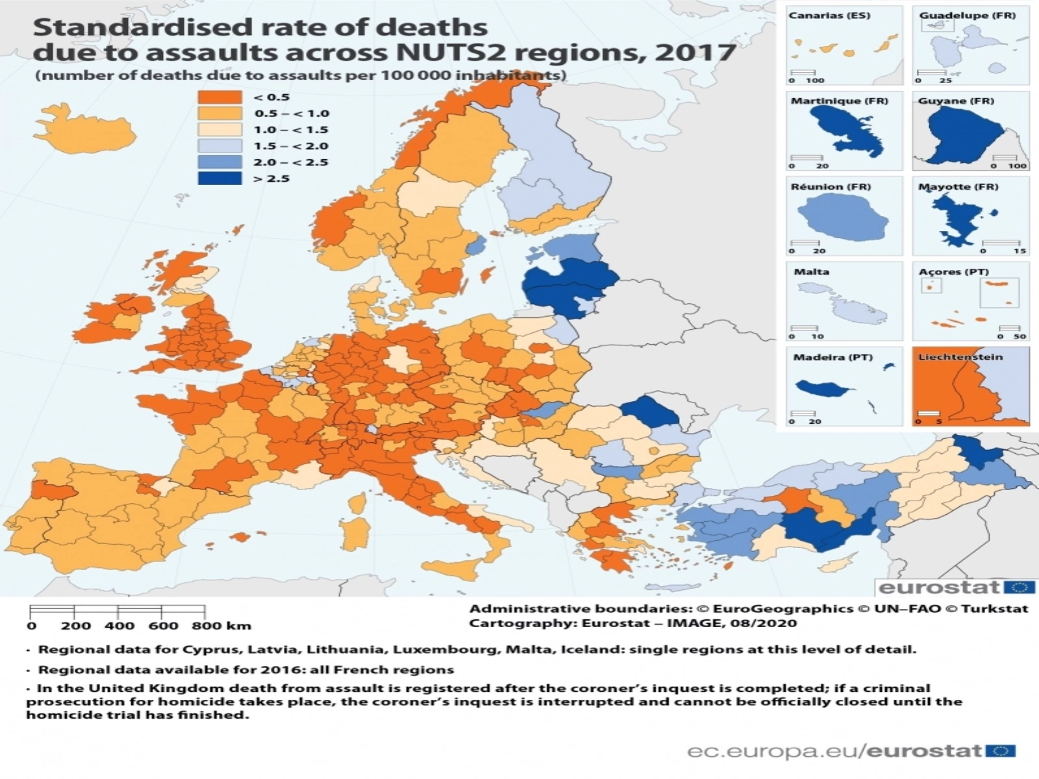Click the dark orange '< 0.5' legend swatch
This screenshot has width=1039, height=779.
click(x=219, y=97)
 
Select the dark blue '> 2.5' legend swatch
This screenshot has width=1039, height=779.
click(x=219, y=178)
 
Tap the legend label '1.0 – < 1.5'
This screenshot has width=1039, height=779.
click(x=291, y=130)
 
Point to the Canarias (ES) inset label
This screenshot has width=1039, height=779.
click(x=829, y=16)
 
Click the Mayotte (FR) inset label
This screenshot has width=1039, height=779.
click(x=958, y=187)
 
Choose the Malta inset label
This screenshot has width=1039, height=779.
click(x=811, y=272)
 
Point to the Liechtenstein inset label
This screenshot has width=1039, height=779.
click(x=960, y=357)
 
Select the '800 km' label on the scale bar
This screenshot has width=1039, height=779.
click(x=221, y=626)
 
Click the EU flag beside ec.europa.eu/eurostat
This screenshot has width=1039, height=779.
click(x=1001, y=751)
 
